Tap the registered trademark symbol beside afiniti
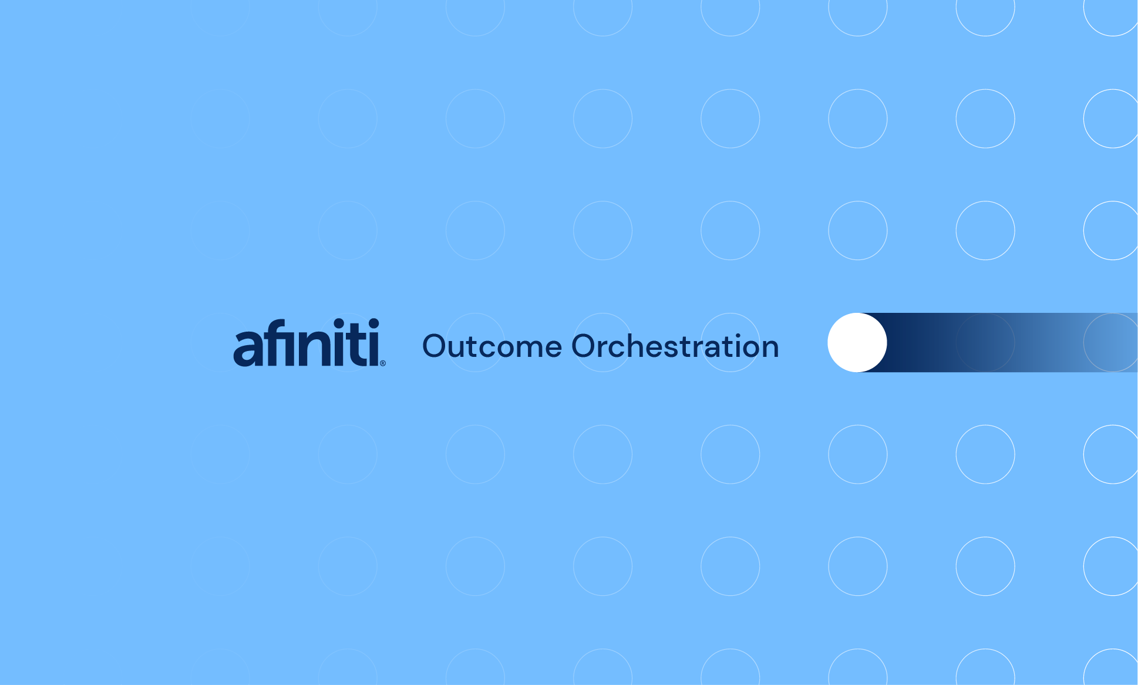click(383, 363)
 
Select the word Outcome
click(492, 346)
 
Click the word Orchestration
click(675, 346)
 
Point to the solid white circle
click(857, 342)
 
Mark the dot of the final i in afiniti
click(373, 323)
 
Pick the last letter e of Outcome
click(554, 349)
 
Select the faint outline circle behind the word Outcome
click(475, 342)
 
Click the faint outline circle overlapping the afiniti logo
click(348, 342)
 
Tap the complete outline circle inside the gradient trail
click(985, 342)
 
